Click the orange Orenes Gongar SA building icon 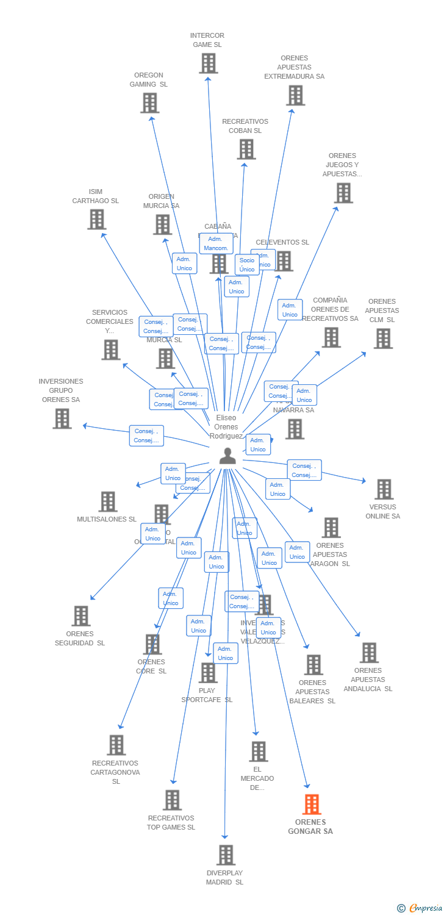[312, 805]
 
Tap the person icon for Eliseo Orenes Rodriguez [227, 456]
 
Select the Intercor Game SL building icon [209, 63]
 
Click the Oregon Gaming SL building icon [150, 103]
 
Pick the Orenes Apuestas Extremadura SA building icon [296, 95]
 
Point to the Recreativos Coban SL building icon [246, 149]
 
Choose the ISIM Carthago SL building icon [97, 220]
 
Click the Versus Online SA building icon [384, 489]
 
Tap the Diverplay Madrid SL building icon [226, 855]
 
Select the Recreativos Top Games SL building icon [173, 800]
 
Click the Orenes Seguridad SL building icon [81, 616]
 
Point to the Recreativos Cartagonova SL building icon [116, 745]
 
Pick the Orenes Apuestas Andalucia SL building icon [369, 653]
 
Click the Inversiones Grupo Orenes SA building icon [62, 419]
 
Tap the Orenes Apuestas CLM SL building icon [383, 339]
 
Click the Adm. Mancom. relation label [216, 243]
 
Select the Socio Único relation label [247, 265]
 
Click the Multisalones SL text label [107, 519]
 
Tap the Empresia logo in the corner [420, 908]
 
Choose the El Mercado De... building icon [259, 752]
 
